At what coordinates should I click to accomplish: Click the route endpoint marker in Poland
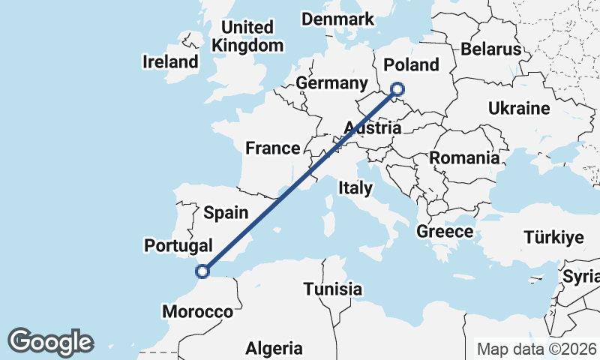[397, 90]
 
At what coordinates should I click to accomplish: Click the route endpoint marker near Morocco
[201, 271]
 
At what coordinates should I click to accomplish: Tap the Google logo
[50, 342]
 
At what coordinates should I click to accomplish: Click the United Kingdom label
[247, 36]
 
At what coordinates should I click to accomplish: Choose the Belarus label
[491, 49]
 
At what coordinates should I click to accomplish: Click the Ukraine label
[519, 109]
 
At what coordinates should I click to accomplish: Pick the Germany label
[331, 82]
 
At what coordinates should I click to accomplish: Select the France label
[272, 148]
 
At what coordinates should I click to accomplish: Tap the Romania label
[464, 158]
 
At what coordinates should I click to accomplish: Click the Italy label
[355, 188]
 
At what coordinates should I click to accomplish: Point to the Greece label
[445, 231]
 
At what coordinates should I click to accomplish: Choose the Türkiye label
[553, 238]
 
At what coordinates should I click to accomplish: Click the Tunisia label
[333, 289]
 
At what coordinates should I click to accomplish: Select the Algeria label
[274, 348]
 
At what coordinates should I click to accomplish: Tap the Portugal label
[178, 245]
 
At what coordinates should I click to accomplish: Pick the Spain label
[226, 213]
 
